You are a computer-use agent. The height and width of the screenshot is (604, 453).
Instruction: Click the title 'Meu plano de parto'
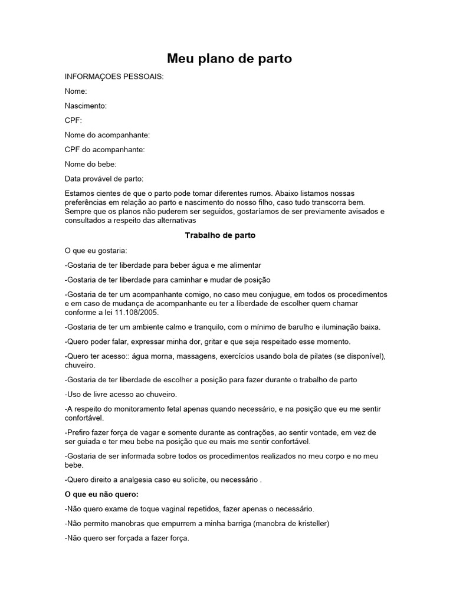click(229, 58)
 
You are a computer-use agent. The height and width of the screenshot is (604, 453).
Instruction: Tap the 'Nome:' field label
click(76, 91)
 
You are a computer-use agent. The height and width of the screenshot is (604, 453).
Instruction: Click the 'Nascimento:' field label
click(86, 106)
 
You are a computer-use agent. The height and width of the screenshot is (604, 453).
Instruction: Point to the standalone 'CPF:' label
click(74, 120)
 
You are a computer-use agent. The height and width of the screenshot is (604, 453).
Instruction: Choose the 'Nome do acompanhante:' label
click(103, 135)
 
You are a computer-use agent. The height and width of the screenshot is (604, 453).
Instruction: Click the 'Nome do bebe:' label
click(91, 164)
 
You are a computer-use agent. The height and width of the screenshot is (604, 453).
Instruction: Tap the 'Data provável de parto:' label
click(104, 179)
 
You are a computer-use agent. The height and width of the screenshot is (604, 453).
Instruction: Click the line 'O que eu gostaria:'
click(92, 251)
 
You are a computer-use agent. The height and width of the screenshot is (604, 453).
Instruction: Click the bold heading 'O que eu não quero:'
click(101, 494)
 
